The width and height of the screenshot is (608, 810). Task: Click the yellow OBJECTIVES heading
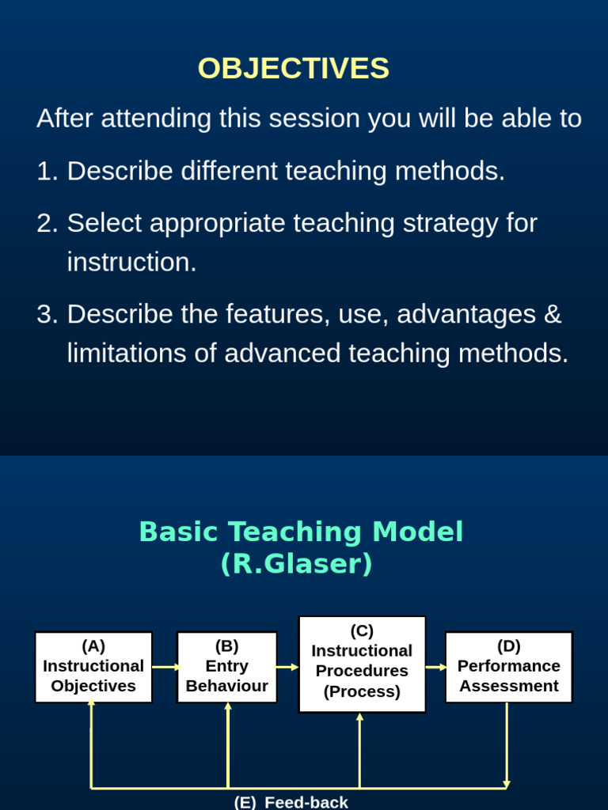pyautogui.click(x=294, y=68)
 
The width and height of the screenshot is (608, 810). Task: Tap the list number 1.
pyautogui.click(x=47, y=171)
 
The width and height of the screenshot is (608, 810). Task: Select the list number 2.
pyautogui.click(x=47, y=223)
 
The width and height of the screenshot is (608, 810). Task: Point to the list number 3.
pyautogui.click(x=47, y=314)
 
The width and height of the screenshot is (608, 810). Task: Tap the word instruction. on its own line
pyautogui.click(x=132, y=262)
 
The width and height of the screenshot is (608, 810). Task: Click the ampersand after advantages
pyautogui.click(x=553, y=314)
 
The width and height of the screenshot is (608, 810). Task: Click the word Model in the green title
pyautogui.click(x=417, y=532)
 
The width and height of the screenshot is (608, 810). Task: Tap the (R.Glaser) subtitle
pyautogui.click(x=297, y=563)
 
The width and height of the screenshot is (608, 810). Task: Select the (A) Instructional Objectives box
pyautogui.click(x=93, y=667)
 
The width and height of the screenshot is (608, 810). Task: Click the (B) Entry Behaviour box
pyautogui.click(x=227, y=667)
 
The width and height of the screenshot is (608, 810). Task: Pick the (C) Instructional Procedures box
pyautogui.click(x=362, y=664)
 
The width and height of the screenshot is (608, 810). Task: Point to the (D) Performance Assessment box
pyautogui.click(x=509, y=667)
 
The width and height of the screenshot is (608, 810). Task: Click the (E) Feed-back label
pyautogui.click(x=291, y=802)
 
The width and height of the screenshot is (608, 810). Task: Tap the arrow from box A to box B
pyautogui.click(x=165, y=667)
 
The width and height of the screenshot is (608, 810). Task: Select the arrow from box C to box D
pyautogui.click(x=436, y=667)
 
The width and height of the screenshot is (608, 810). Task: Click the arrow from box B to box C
pyautogui.click(x=287, y=667)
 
